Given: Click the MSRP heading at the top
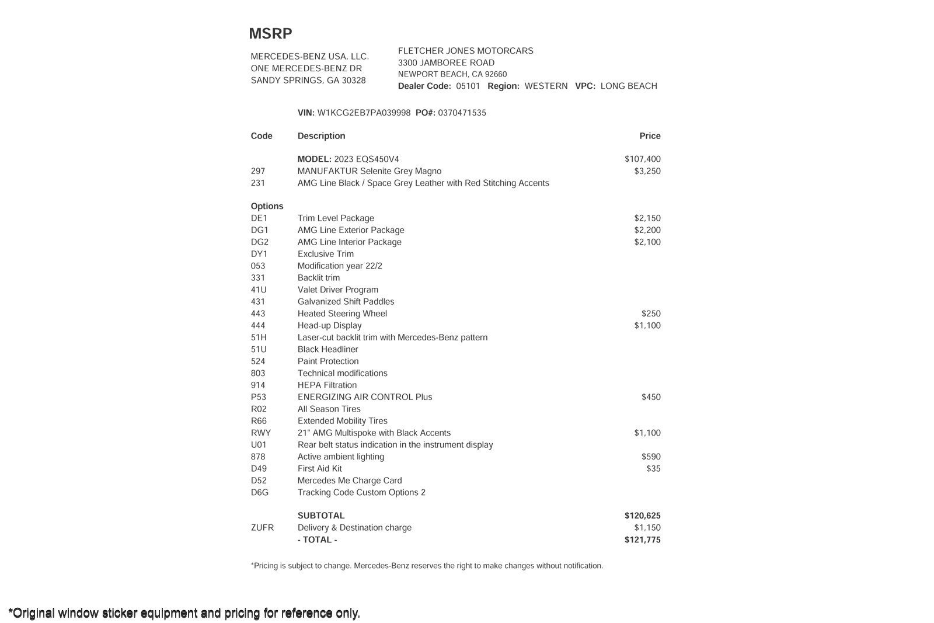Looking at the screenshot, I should pyautogui.click(x=270, y=34).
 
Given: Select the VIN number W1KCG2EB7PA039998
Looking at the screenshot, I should pyautogui.click(x=364, y=113).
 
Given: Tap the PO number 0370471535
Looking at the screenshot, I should pyautogui.click(x=462, y=113).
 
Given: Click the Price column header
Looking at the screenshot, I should pyautogui.click(x=650, y=136).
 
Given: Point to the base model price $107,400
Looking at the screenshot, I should pyautogui.click(x=642, y=159).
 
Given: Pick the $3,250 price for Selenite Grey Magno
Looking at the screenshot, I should pyautogui.click(x=647, y=171).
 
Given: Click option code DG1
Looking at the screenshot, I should pyautogui.click(x=260, y=230).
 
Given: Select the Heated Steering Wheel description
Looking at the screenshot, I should pyautogui.click(x=342, y=314).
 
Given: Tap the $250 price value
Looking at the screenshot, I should pyautogui.click(x=651, y=314).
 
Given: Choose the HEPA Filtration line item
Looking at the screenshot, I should pyautogui.click(x=327, y=385).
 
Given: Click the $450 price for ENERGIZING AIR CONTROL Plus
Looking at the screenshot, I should pyautogui.click(x=651, y=397).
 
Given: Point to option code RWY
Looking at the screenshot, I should pyautogui.click(x=261, y=433).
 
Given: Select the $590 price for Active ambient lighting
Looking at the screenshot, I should pyautogui.click(x=651, y=457).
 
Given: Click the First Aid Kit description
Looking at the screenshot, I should pyautogui.click(x=319, y=469).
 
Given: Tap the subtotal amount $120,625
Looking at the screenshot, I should pyautogui.click(x=642, y=516).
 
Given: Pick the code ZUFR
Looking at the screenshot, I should pyautogui.click(x=262, y=528).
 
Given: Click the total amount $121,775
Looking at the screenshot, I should pyautogui.click(x=642, y=540).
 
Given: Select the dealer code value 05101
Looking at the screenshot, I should pyautogui.click(x=468, y=86).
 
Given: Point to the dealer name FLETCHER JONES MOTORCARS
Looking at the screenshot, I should pyautogui.click(x=465, y=51).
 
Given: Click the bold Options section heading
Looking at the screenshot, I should pyautogui.click(x=267, y=206).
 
